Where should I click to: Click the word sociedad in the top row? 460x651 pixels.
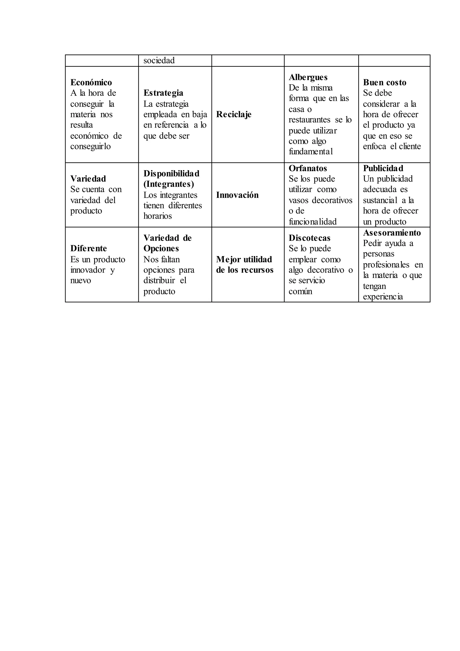tap(159, 60)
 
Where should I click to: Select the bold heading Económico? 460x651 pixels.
tap(91, 83)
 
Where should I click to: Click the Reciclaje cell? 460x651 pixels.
tap(234, 114)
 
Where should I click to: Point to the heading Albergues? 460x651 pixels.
tap(308, 77)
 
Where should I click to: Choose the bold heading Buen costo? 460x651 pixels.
tap(385, 83)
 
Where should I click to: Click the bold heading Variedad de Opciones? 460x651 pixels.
tap(167, 243)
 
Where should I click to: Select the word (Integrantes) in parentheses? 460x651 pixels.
tap(168, 184)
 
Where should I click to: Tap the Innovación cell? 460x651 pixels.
tap(237, 195)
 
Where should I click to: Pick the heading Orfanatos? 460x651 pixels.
tap(308, 168)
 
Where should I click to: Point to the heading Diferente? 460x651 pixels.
tap(88, 248)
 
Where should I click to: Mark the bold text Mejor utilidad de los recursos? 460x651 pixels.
tap(244, 264)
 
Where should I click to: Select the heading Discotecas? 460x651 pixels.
tap(309, 238)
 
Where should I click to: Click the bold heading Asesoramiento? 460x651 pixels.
tap(392, 233)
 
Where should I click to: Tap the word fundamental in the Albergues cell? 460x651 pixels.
tap(310, 152)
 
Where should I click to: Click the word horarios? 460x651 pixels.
tap(157, 216)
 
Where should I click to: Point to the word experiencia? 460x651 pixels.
tap(383, 297)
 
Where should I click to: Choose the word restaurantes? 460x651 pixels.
tap(309, 120)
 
